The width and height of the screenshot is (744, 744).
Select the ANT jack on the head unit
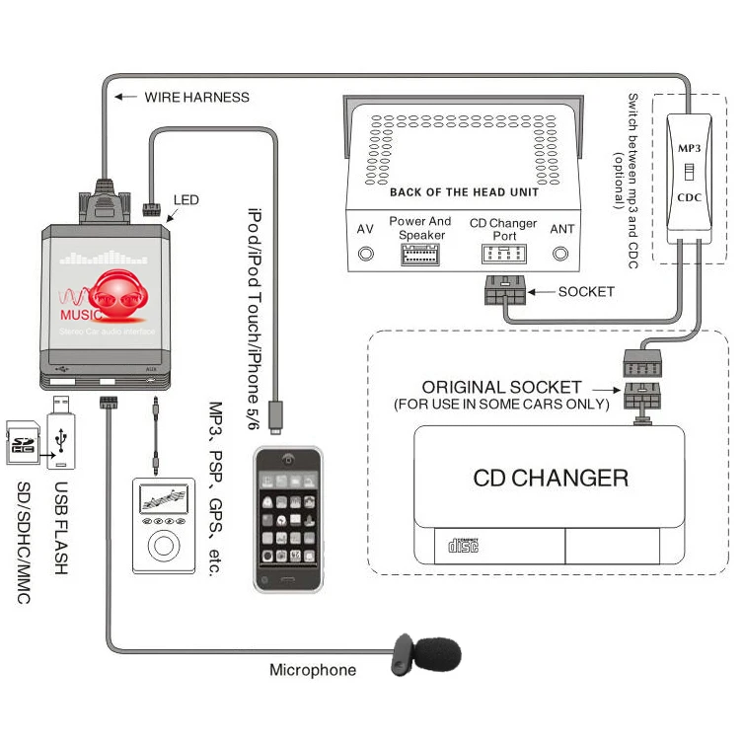coord(561,254)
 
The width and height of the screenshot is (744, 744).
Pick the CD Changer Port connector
coord(503,254)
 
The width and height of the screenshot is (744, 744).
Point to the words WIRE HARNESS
coord(196,97)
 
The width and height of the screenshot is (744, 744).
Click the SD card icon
coord(21,441)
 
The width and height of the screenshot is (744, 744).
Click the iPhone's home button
coord(287,577)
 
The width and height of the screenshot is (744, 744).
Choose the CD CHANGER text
coord(551,479)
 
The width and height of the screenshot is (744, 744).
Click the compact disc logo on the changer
coord(463,545)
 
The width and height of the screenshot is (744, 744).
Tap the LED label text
coord(186,200)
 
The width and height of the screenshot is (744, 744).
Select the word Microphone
coord(313,670)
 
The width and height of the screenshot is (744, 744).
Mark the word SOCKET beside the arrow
coord(586,291)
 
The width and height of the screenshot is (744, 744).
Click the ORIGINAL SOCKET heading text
coord(502,387)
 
